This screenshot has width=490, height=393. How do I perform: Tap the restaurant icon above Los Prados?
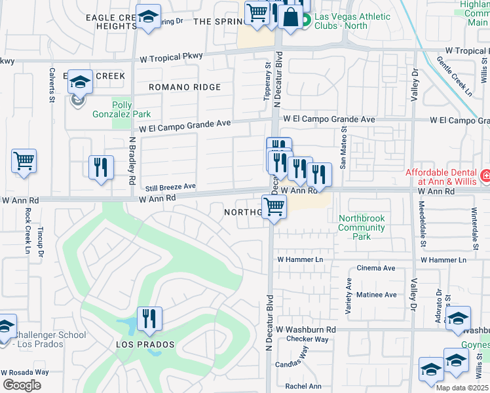(x=150, y=319)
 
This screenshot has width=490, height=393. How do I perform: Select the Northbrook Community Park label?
(x=361, y=227)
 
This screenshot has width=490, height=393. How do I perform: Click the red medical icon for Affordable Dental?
(x=485, y=176)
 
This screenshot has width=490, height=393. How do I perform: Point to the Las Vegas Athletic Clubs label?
(x=352, y=21)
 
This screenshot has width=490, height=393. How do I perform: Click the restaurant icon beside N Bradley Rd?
(x=102, y=167)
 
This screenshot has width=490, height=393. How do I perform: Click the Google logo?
(x=22, y=385)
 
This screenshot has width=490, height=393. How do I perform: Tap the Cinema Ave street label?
(x=375, y=268)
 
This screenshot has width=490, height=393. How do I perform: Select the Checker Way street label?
(x=307, y=339)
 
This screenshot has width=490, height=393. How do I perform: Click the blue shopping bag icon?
(x=290, y=16)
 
